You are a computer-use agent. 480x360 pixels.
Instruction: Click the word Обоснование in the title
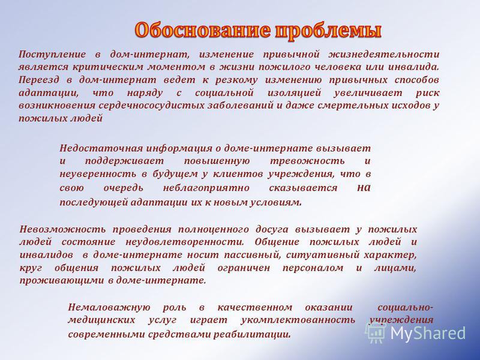pyautogui.click(x=202, y=31)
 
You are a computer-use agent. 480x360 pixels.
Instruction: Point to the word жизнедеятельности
pyautogui.click(x=384, y=55)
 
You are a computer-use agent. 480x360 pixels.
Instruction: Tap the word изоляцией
pyautogui.click(x=294, y=93)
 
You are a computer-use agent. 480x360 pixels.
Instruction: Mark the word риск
pyautogui.click(x=428, y=94)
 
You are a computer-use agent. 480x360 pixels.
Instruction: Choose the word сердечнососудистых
pyautogui.click(x=152, y=106)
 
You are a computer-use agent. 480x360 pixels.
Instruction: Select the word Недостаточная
pyautogui.click(x=101, y=148)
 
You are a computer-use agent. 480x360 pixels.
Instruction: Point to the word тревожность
pyautogui.click(x=307, y=161)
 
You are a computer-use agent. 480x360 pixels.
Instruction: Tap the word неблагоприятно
pyautogui.click(x=206, y=188)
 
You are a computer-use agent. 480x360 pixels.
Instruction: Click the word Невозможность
pyautogui.click(x=62, y=230)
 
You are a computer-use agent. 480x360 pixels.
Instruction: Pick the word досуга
pyautogui.click(x=272, y=230)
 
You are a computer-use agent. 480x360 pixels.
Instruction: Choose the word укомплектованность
pyautogui.click(x=298, y=320)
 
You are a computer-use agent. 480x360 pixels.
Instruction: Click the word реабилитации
pyautogui.click(x=251, y=335)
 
